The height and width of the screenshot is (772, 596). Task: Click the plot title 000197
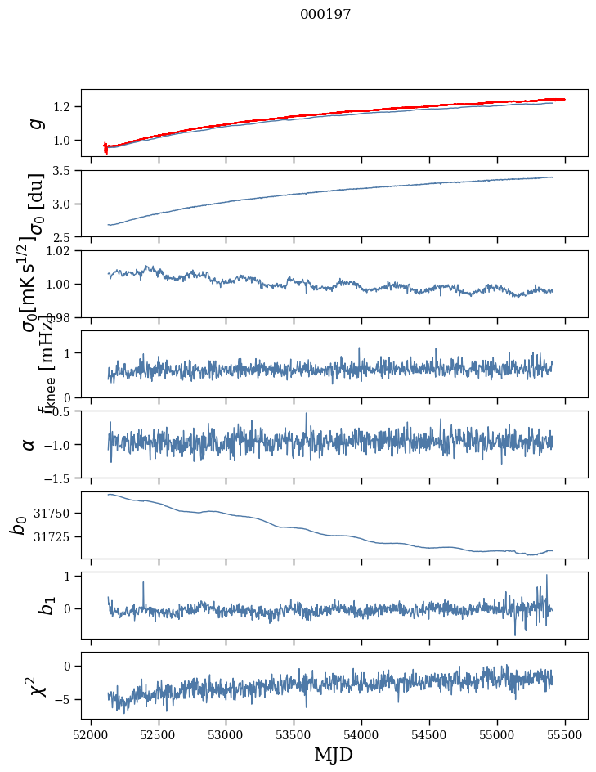pyautogui.click(x=325, y=15)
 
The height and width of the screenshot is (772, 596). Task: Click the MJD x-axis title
pyautogui.click(x=334, y=754)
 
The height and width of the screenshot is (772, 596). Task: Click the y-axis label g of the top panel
pyautogui.click(x=34, y=123)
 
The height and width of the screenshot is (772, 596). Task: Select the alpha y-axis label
pyautogui.click(x=29, y=444)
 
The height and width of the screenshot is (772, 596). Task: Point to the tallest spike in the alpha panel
pyautogui.click(x=307, y=414)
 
